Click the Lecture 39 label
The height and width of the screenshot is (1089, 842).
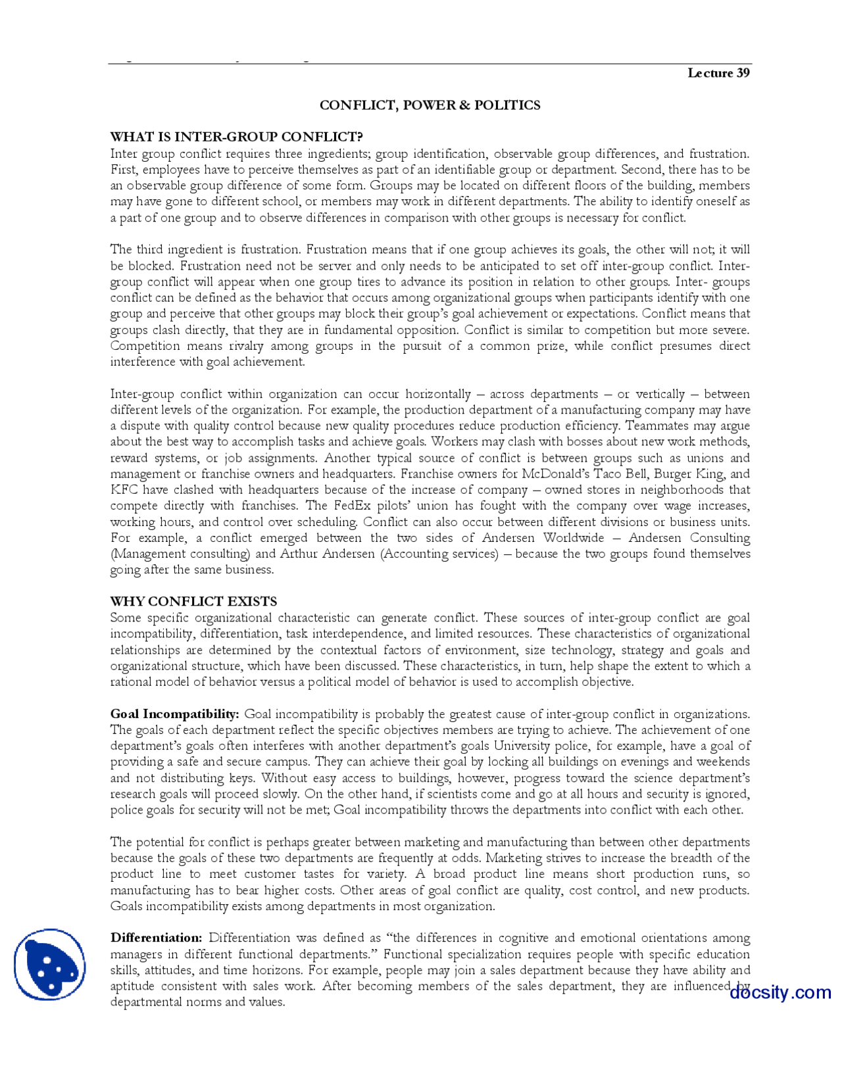tap(718, 73)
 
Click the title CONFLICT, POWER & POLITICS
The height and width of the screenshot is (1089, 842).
tap(430, 105)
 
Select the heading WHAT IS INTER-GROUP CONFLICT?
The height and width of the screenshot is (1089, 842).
tap(236, 137)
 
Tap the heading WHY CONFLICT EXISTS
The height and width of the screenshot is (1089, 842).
tap(193, 601)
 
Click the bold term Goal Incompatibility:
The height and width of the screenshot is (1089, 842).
tap(174, 714)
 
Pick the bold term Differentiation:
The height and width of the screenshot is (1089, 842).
tap(156, 938)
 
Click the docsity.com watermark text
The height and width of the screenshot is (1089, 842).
tap(780, 992)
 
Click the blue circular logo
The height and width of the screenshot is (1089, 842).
tap(49, 964)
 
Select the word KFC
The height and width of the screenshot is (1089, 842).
tap(124, 490)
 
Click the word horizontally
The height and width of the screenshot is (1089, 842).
tap(437, 395)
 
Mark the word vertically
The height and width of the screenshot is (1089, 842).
tap(660, 395)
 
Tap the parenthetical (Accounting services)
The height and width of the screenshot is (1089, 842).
tap(439, 554)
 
